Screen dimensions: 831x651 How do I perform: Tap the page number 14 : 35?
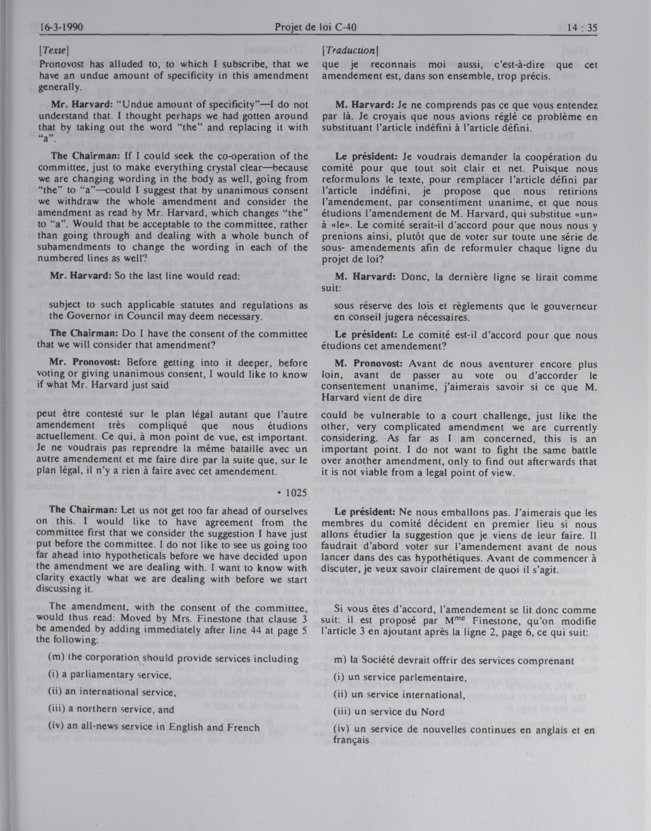pos(582,27)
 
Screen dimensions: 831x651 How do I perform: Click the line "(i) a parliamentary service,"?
pos(108,675)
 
